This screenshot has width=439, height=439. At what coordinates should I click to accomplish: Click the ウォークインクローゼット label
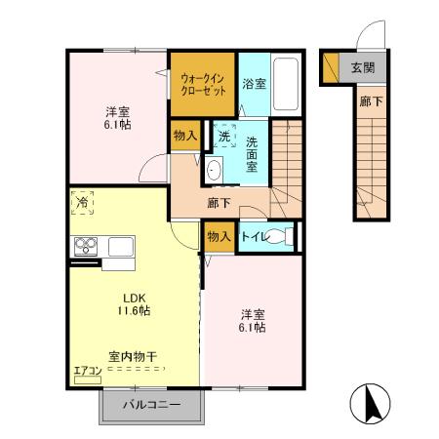204,83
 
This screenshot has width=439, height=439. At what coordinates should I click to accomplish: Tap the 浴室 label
255,84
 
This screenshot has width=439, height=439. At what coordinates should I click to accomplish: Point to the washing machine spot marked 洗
224,138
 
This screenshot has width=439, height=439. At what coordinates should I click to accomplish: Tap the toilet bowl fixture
280,235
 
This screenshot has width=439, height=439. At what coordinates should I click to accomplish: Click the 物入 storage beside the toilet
219,236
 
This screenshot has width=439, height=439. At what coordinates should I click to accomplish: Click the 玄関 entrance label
363,68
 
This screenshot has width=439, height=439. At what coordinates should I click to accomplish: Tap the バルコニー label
151,404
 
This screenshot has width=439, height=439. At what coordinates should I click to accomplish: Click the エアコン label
87,369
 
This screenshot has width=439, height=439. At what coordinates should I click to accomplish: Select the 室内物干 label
136,358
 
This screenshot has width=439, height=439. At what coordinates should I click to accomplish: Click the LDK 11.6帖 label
136,303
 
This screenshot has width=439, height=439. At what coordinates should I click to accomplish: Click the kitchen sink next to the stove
121,246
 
